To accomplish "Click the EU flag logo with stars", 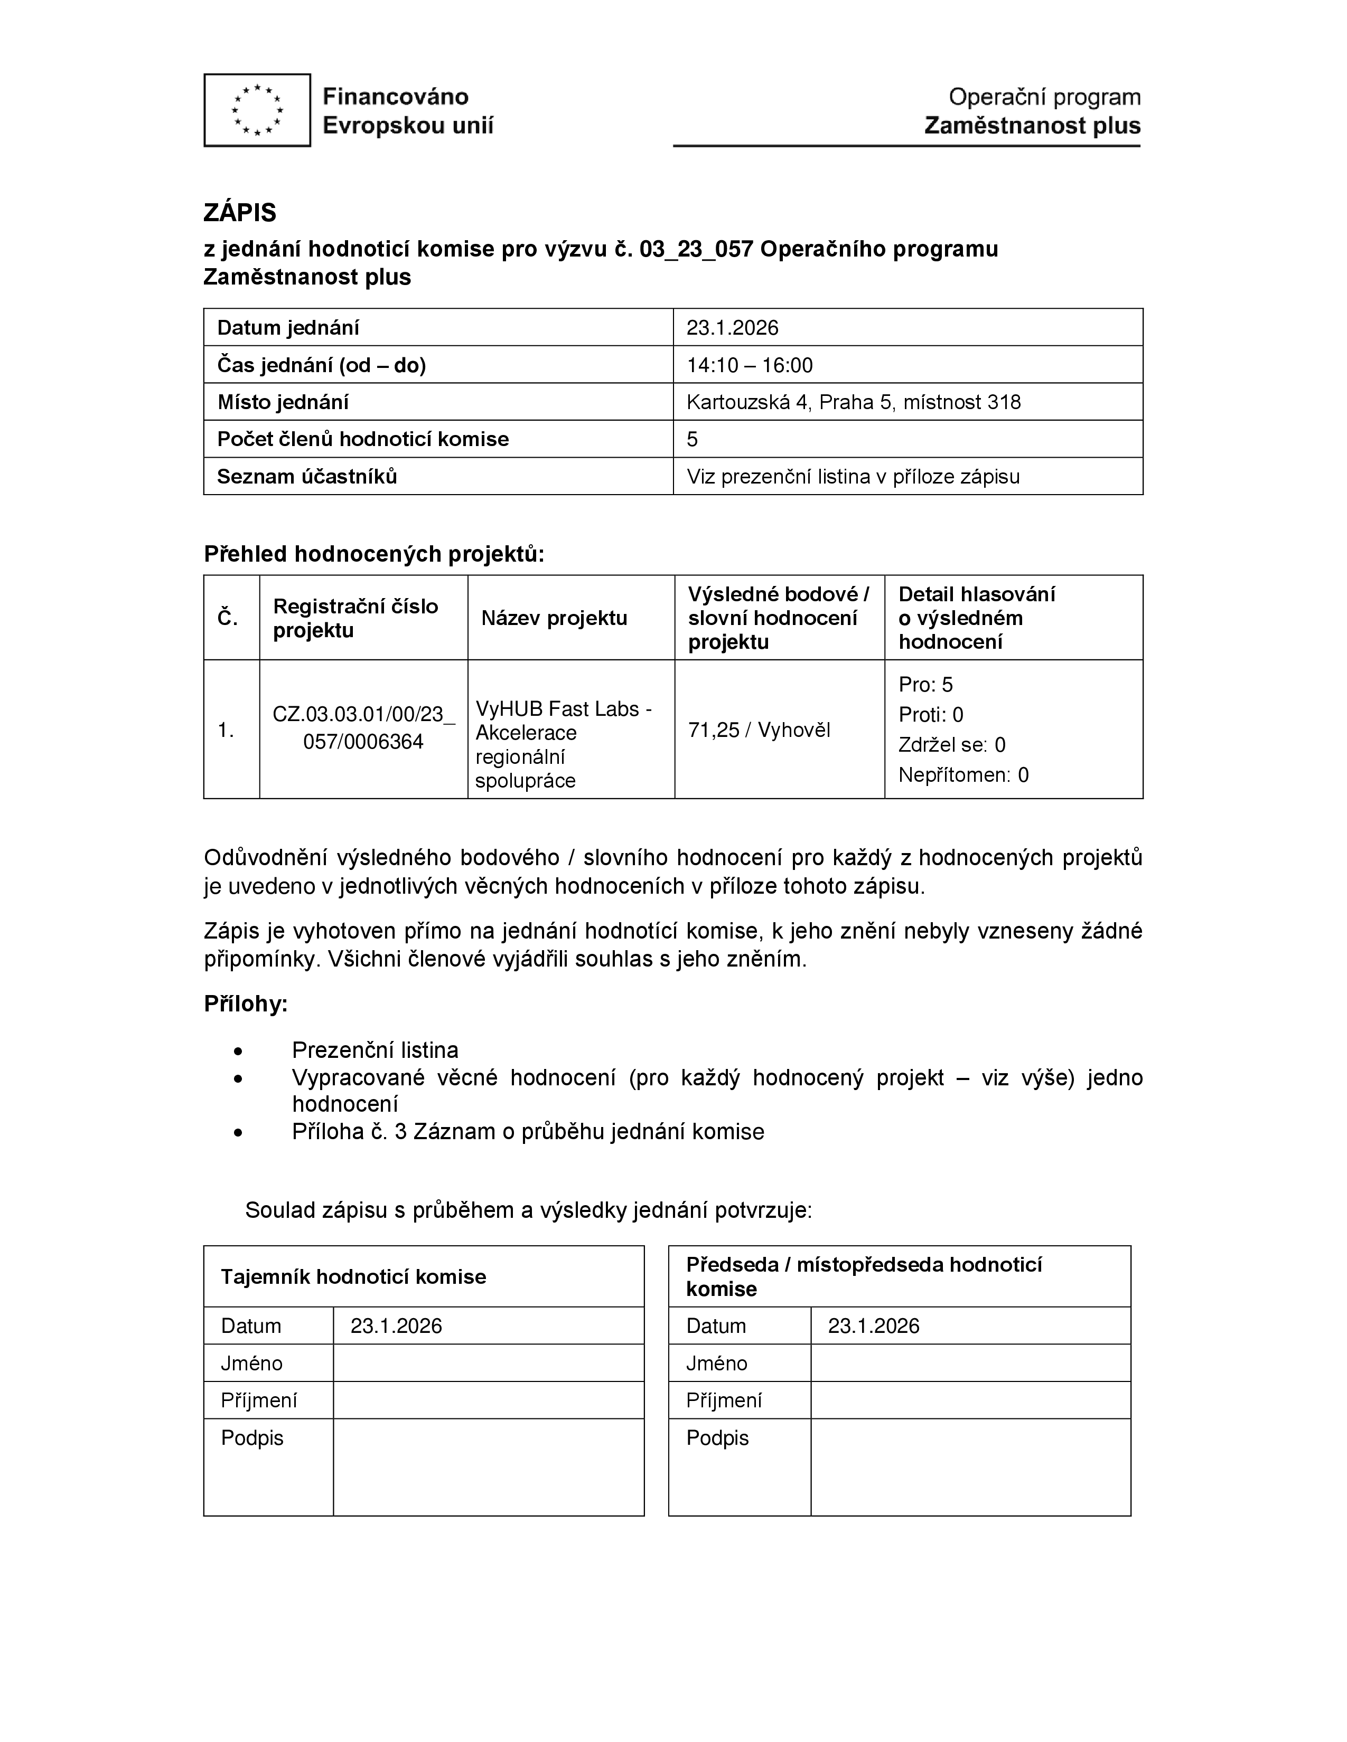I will click(x=257, y=110).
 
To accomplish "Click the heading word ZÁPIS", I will click(x=239, y=212).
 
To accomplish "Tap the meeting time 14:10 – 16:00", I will click(x=750, y=365).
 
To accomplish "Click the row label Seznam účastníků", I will click(x=307, y=476).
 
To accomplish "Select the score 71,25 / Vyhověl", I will click(x=759, y=730).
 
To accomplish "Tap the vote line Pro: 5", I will click(x=925, y=684).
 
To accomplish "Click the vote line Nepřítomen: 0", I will click(x=963, y=774).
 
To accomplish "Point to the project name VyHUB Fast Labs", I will click(x=564, y=709).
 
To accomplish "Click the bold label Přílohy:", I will click(x=246, y=1003).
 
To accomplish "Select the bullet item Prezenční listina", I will click(x=375, y=1049).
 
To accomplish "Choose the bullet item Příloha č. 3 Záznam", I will click(x=528, y=1132).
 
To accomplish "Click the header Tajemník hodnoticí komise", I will click(x=353, y=1276).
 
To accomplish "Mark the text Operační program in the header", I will click(x=1044, y=97).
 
